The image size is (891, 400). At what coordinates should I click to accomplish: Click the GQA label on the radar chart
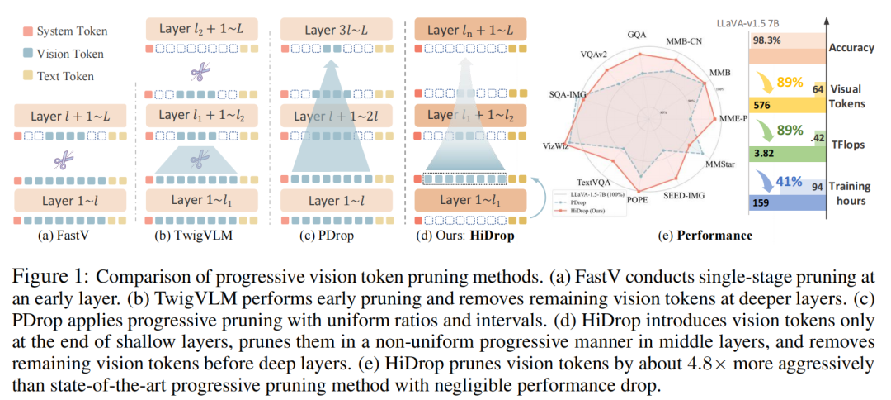click(x=636, y=36)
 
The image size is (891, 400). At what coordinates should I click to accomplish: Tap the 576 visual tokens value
click(x=763, y=106)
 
